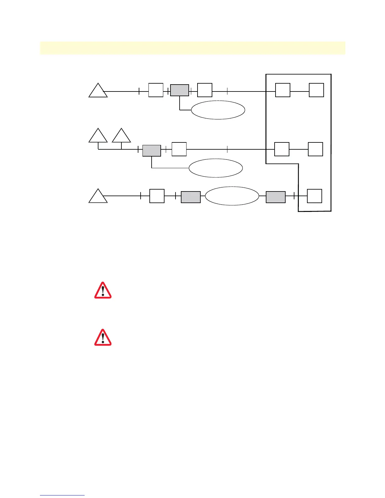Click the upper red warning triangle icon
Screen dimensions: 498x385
(x=103, y=290)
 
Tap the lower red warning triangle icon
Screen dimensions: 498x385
(x=103, y=338)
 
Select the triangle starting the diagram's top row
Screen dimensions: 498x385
(x=98, y=91)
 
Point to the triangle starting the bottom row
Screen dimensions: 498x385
(x=98, y=197)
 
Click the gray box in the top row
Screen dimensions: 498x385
(x=180, y=90)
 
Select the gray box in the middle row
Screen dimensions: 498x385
(x=152, y=151)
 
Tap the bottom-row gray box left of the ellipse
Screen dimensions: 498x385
(x=191, y=197)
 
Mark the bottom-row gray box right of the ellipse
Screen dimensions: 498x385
(x=276, y=197)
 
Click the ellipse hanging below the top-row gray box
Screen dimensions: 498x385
(x=218, y=110)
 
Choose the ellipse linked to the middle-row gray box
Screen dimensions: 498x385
(x=216, y=168)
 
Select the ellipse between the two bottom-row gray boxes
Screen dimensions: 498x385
(x=232, y=196)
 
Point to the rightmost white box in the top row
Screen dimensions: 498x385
(x=316, y=90)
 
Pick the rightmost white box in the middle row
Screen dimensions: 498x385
(x=315, y=149)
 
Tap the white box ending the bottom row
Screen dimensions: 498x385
(x=315, y=196)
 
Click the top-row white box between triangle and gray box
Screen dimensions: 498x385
(x=156, y=90)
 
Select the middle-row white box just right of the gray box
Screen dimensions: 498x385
(x=179, y=149)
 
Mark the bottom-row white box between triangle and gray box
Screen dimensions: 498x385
(x=157, y=196)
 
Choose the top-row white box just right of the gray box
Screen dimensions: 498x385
(x=205, y=90)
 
